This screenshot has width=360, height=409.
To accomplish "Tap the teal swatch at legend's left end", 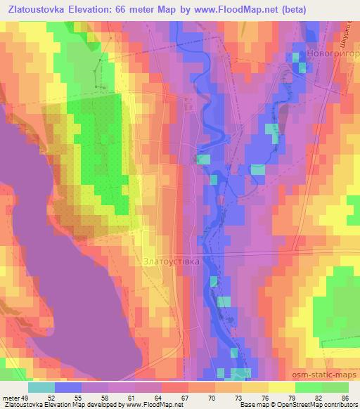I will coord(42,387).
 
